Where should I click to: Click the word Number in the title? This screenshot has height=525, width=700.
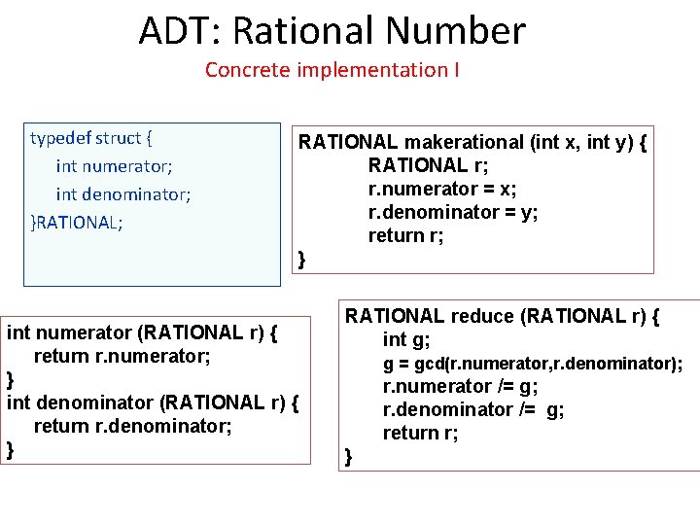point(457,31)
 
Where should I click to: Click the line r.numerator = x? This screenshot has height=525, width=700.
point(442,189)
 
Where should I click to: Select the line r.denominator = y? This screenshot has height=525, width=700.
point(453,212)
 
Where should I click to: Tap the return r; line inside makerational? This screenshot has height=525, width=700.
point(405,235)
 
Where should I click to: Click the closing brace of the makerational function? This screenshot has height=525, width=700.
point(302,259)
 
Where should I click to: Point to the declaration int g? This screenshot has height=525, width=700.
point(406,339)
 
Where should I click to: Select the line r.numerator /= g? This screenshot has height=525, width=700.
point(461,387)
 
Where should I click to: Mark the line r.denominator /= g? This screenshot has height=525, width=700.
point(472,410)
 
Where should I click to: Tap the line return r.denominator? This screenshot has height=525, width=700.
point(132,426)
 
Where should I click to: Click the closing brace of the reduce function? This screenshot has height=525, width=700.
point(349,457)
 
